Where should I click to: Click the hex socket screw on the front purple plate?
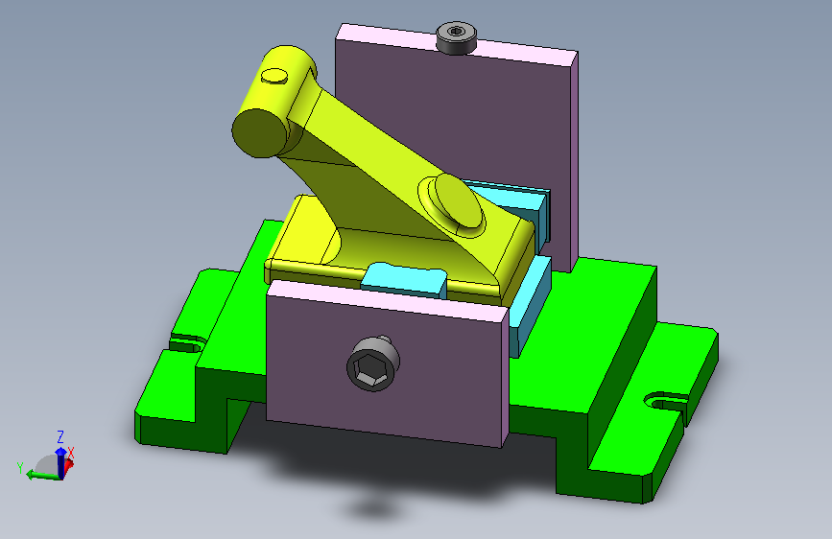(x=373, y=363)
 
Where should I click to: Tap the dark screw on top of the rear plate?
(x=456, y=37)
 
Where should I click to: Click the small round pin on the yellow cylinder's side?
(x=274, y=76)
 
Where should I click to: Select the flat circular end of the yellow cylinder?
(x=260, y=132)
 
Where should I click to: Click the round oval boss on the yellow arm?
(x=459, y=201)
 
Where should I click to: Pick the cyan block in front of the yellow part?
(x=404, y=279)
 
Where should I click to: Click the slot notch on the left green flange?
(x=188, y=343)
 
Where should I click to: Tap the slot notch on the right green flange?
(x=665, y=401)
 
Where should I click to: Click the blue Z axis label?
(x=60, y=437)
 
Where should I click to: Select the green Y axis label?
(x=20, y=468)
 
